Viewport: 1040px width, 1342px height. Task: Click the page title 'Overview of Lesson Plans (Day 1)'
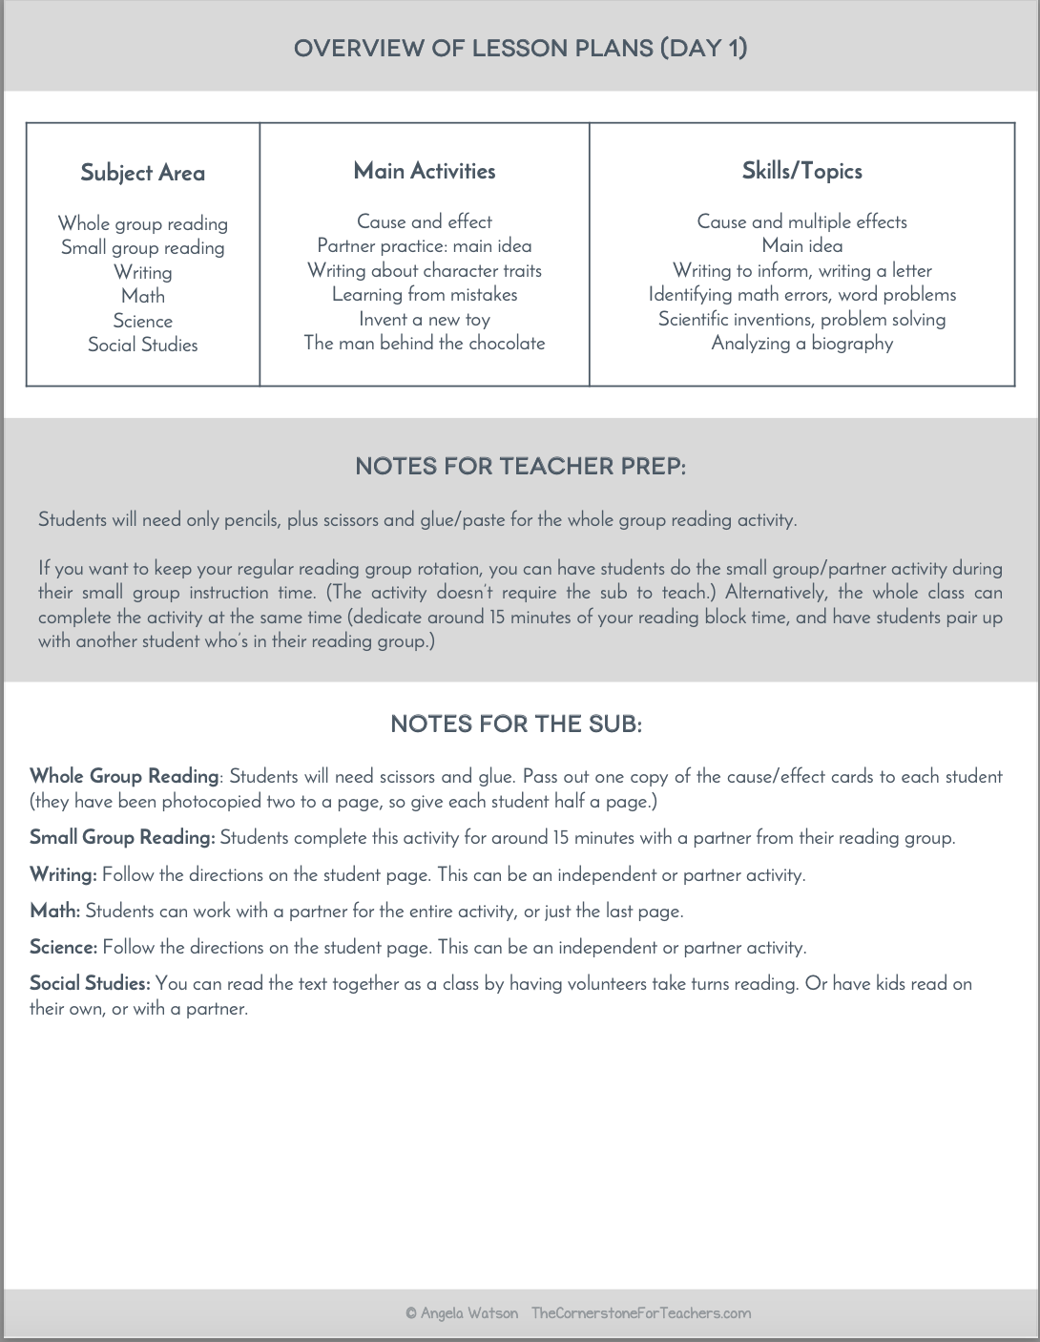(520, 48)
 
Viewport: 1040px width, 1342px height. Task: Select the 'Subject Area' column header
(142, 173)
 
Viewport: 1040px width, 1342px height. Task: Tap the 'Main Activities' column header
(425, 171)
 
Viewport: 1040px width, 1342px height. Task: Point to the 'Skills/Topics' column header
(801, 171)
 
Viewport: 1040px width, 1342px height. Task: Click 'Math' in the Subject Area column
(143, 296)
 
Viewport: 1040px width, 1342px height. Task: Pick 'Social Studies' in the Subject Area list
(143, 345)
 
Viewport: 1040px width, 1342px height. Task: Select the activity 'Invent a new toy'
(425, 319)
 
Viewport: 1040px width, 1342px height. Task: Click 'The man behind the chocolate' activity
(425, 343)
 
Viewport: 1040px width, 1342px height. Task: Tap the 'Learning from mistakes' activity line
(425, 294)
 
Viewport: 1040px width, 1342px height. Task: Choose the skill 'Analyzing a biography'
(801, 343)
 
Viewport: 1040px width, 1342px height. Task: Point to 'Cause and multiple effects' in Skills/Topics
(801, 221)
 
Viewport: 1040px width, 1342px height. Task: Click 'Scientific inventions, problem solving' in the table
(801, 319)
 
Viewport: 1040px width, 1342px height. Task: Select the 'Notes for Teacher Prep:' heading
(520, 467)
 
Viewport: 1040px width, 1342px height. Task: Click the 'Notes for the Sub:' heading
(516, 724)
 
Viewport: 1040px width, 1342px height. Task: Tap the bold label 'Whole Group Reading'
(124, 776)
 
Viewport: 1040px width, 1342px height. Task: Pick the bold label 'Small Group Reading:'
(122, 837)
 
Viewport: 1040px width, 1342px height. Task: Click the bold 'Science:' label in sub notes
(63, 947)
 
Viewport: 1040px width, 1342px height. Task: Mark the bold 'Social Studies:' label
(90, 983)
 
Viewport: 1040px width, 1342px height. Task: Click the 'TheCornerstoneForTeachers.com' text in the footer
(640, 1313)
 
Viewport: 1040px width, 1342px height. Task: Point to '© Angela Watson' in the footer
(462, 1313)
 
